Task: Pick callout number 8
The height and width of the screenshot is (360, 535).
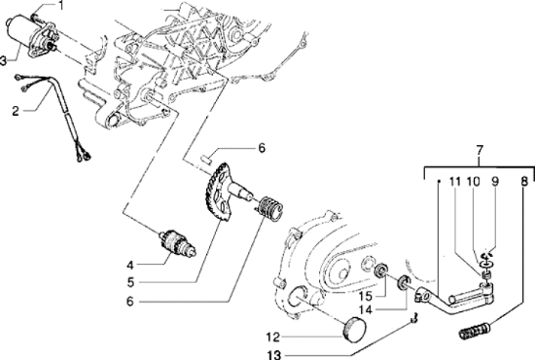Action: [x=524, y=182]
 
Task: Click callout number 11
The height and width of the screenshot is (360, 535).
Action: [x=452, y=182]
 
